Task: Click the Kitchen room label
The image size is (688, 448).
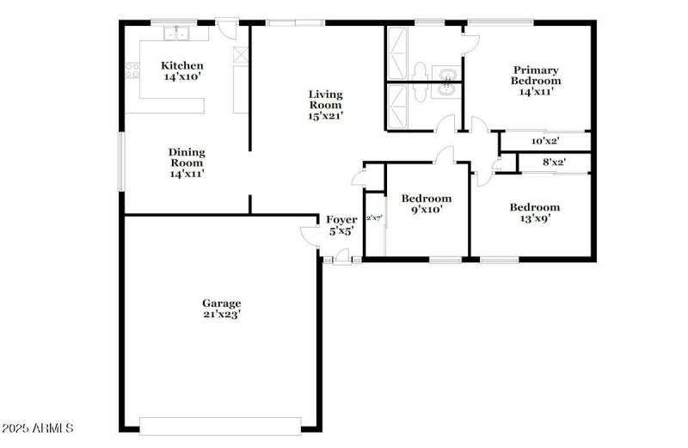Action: (x=182, y=71)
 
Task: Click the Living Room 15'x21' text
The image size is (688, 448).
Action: (x=326, y=105)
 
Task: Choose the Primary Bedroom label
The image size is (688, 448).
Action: (x=536, y=80)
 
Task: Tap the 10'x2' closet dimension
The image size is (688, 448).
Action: (x=545, y=141)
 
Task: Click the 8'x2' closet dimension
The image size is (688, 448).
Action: (x=554, y=162)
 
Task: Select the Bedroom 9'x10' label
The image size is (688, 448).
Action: (x=427, y=203)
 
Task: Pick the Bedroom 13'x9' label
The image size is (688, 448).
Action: (x=534, y=212)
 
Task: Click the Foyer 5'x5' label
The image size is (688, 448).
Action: (x=341, y=225)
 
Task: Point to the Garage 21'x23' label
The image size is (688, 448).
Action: (x=221, y=308)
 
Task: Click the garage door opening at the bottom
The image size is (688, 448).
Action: (x=221, y=426)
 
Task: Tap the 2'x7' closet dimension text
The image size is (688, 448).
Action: (x=374, y=218)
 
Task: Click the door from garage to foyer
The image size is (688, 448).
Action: (x=309, y=234)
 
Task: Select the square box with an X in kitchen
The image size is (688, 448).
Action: (x=239, y=52)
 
